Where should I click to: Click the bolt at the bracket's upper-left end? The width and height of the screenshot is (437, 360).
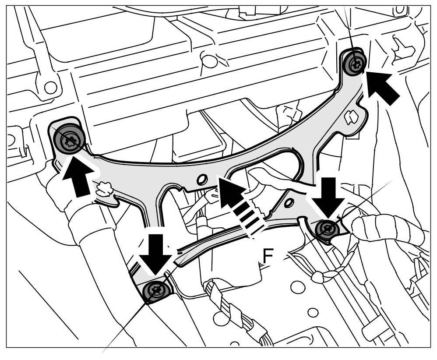click(69, 139)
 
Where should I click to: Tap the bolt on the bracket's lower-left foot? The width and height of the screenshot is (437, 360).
click(156, 290)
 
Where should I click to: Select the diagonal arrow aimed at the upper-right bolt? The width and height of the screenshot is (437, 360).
click(382, 86)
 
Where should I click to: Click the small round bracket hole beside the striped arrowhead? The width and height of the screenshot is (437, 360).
click(202, 179)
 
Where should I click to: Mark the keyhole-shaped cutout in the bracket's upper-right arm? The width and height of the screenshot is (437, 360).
click(350, 117)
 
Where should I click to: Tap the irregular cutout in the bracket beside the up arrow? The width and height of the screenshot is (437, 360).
click(104, 190)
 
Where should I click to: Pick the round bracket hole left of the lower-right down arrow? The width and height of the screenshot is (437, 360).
click(289, 202)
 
